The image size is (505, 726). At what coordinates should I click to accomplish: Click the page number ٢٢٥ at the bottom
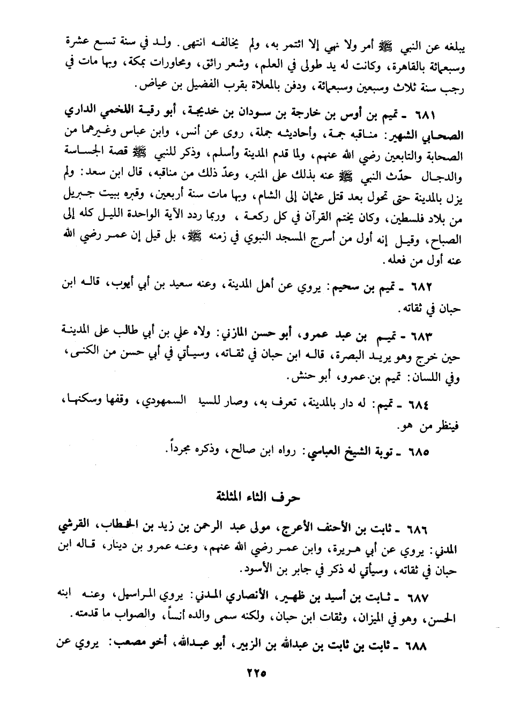coord(252,673)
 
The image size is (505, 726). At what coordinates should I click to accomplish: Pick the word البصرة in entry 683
coord(358,355)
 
